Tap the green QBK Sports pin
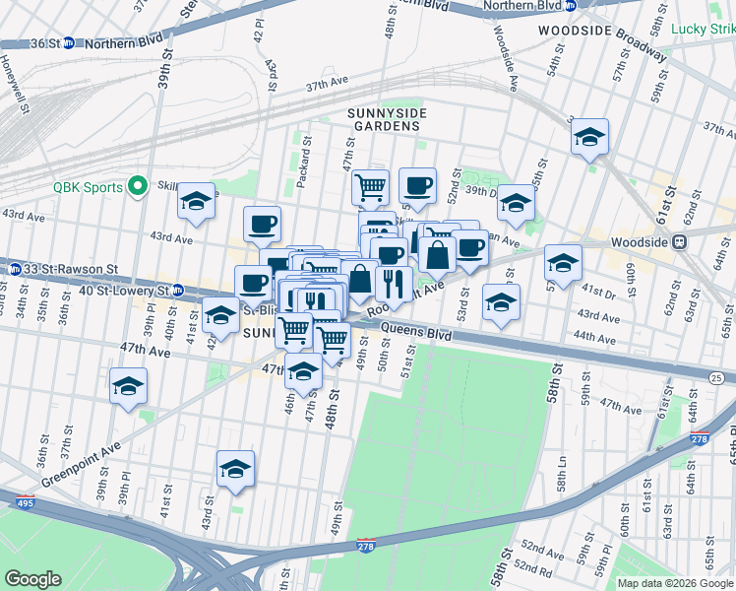click(138, 186)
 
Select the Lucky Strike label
click(703, 29)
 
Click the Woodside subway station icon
click(678, 241)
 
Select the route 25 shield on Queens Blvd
click(715, 377)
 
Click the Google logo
click(32, 579)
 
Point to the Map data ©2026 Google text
click(675, 583)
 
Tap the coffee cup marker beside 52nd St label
click(416, 184)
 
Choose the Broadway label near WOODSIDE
click(644, 45)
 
